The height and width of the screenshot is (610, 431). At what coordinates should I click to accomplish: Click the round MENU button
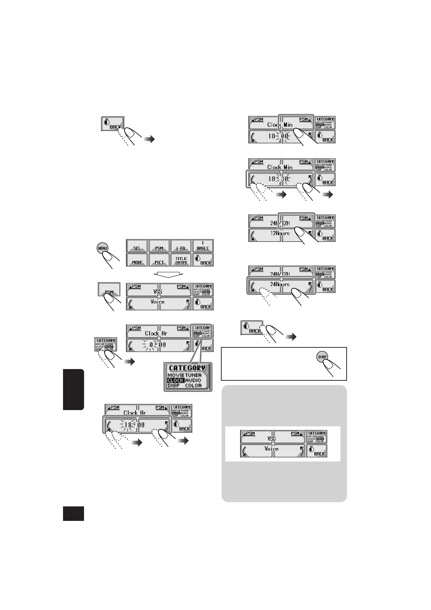pos(102,248)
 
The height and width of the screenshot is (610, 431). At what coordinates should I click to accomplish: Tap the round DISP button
pos(322,357)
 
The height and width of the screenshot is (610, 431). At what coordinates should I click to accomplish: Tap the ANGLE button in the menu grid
pos(202,246)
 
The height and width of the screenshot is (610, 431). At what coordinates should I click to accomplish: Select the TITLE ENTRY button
pos(181,260)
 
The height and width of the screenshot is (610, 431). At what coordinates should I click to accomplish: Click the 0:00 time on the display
pos(158,345)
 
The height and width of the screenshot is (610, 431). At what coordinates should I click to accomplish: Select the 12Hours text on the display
pos(280,233)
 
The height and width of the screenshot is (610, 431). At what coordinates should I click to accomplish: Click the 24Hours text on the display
pos(280,284)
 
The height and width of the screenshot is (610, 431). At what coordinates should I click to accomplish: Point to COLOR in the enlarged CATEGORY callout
pos(193,385)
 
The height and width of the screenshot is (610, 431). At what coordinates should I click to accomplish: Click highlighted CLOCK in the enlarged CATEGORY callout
pos(176,380)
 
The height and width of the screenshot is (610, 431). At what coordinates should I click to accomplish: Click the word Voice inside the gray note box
pos(271,448)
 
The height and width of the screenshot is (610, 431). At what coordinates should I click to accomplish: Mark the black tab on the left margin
pos(74,389)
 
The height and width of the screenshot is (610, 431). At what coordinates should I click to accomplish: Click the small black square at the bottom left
pos(74,514)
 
